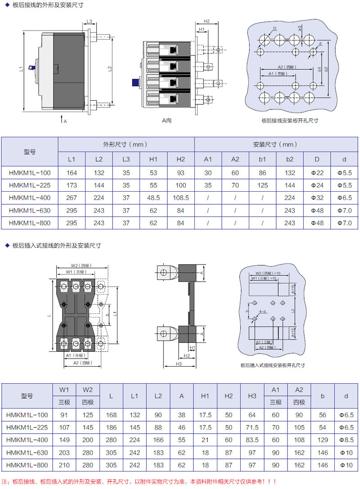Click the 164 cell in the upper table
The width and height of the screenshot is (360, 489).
pyautogui.click(x=72, y=173)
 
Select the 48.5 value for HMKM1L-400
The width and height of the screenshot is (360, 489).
pyautogui.click(x=153, y=197)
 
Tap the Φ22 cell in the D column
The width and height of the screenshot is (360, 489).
pyautogui.click(x=318, y=173)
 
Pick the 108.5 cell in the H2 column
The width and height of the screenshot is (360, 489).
pyautogui.click(x=180, y=197)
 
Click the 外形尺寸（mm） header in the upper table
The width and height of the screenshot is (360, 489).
pyautogui.click(x=126, y=145)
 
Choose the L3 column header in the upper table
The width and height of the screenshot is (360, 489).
pyautogui.click(x=126, y=159)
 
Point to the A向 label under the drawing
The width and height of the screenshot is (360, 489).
pyautogui.click(x=167, y=121)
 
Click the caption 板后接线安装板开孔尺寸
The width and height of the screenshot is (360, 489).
pyautogui.click(x=290, y=121)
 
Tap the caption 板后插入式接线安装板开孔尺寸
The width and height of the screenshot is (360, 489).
pyautogui.click(x=273, y=365)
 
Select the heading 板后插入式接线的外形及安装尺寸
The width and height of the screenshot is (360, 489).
pyautogui.click(x=56, y=246)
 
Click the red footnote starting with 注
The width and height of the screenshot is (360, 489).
pyautogui.click(x=140, y=481)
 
